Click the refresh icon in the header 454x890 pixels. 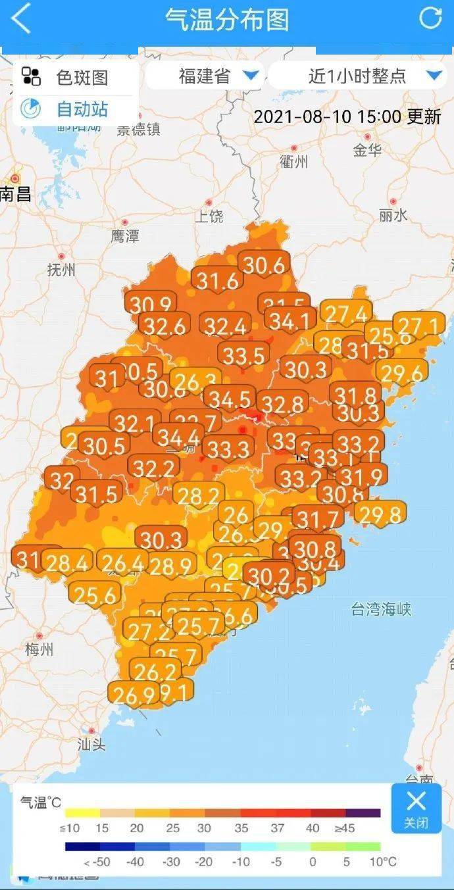pyautogui.click(x=431, y=18)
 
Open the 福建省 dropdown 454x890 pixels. pyautogui.click(x=205, y=76)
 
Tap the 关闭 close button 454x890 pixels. pyautogui.click(x=416, y=808)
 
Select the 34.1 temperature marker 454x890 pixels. pyautogui.click(x=290, y=321)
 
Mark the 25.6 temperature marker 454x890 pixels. pyautogui.click(x=95, y=595)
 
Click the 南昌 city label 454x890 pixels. pyautogui.click(x=16, y=193)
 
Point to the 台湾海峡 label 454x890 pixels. pyautogui.click(x=381, y=609)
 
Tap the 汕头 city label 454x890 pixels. pyautogui.click(x=91, y=744)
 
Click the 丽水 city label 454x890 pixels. pyautogui.click(x=393, y=214)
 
